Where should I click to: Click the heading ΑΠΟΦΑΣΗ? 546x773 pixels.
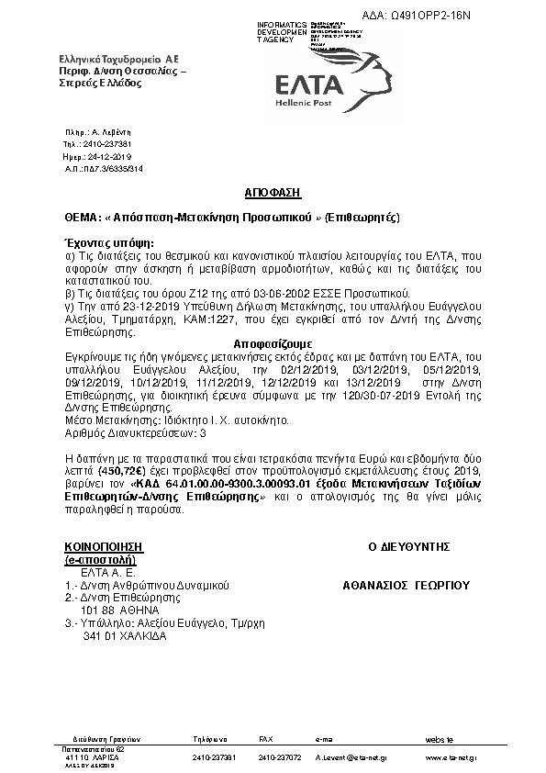[273, 195]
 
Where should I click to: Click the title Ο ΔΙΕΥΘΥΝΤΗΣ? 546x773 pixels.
[408, 546]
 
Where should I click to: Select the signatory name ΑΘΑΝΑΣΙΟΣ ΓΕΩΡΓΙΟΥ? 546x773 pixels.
[406, 584]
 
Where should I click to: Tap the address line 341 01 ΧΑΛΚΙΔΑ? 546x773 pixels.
[124, 634]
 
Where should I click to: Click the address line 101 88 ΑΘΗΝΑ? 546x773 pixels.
[120, 609]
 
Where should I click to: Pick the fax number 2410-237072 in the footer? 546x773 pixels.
[280, 757]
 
